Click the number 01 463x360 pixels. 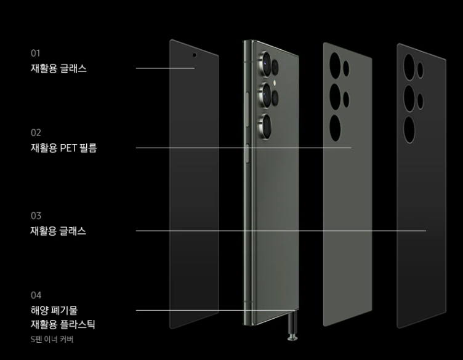[35, 54]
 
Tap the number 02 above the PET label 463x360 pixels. [36, 132]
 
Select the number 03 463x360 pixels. [36, 216]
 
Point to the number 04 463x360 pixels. [36, 295]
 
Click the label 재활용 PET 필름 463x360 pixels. [63, 148]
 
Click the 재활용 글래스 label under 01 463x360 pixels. [58, 68]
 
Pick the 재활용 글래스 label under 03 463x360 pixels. [58, 231]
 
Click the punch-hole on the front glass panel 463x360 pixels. [195, 54]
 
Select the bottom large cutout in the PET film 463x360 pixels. [336, 128]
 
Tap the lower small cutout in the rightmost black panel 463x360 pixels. [421, 100]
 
